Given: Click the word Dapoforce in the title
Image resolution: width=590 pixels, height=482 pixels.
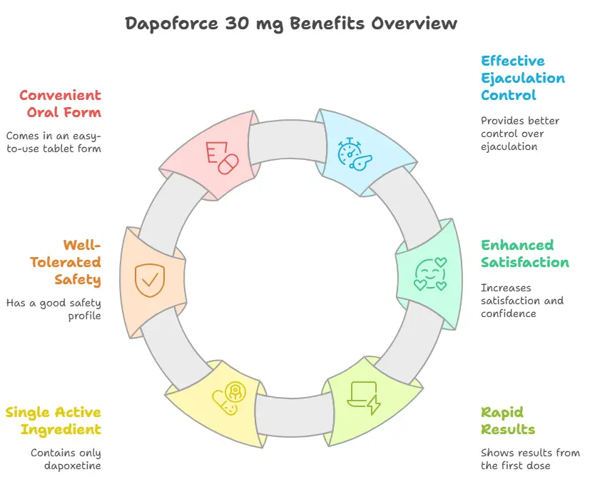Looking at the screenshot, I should (167, 24).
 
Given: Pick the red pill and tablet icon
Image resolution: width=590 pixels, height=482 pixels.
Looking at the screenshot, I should (221, 157).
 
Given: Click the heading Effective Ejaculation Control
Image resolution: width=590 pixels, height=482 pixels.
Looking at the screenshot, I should (522, 78).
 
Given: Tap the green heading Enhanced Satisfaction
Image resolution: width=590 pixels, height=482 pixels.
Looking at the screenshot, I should (524, 253).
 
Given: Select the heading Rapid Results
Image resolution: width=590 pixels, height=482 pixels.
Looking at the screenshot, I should (507, 421).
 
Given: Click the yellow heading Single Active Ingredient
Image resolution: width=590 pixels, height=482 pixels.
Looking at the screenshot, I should (54, 421).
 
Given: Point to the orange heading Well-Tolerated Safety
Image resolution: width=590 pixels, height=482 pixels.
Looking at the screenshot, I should (65, 262).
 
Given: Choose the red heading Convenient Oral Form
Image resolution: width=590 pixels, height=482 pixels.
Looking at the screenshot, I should (61, 104).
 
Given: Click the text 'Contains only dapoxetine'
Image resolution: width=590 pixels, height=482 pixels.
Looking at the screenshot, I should (66, 458).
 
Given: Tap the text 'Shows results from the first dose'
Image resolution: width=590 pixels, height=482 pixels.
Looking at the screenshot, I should (530, 458).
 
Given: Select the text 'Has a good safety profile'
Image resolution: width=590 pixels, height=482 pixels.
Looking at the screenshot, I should (54, 308).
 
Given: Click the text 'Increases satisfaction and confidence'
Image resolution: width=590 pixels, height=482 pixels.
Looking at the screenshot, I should (522, 301).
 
